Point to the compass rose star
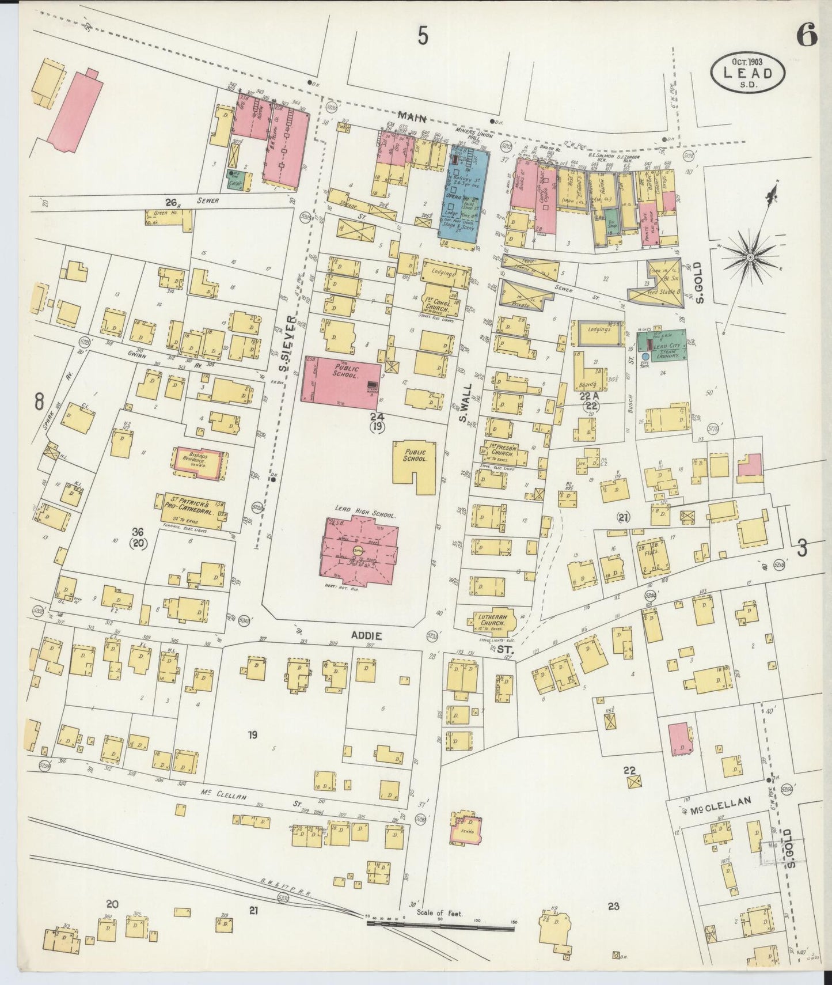750,257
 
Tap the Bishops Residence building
197,462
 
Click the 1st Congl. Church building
441,302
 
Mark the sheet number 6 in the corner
807,36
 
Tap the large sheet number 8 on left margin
39,401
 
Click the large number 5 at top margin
423,36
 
